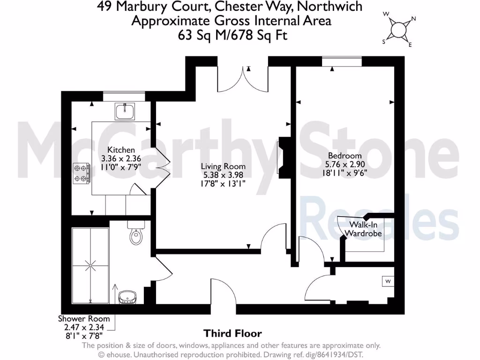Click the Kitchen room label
pyautogui.click(x=121, y=150)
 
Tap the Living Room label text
pyautogui.click(x=223, y=166)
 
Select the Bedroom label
pyautogui.click(x=345, y=156)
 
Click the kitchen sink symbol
pyautogui.click(x=125, y=112)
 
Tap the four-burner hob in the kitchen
pyautogui.click(x=81, y=172)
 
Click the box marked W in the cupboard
pyautogui.click(x=388, y=281)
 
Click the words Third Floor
pyautogui.click(x=232, y=333)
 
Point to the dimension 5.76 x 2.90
pyautogui.click(x=345, y=164)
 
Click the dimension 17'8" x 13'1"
pyautogui.click(x=223, y=183)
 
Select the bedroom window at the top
pyautogui.click(x=342, y=60)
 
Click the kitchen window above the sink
pyautogui.click(x=124, y=96)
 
